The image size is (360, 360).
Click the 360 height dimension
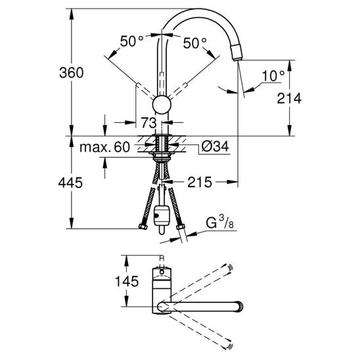click(x=72, y=73)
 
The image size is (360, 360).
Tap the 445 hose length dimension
click(x=70, y=183)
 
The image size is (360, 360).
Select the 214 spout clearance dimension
click(x=289, y=99)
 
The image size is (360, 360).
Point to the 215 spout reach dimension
click(x=200, y=182)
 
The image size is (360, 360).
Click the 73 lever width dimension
click(x=148, y=123)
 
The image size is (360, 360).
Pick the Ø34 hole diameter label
click(x=215, y=146)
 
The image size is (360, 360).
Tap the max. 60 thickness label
click(x=104, y=147)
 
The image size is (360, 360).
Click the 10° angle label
click(x=273, y=76)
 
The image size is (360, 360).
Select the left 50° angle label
click(x=132, y=41)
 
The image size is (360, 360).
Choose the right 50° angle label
click(x=195, y=43)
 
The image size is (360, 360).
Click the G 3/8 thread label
click(x=219, y=222)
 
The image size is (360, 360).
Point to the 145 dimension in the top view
click(x=127, y=281)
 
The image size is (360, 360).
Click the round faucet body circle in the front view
click(x=162, y=104)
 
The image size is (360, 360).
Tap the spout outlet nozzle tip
click(x=236, y=53)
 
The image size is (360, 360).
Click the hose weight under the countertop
click(x=162, y=216)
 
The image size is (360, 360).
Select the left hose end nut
click(x=143, y=227)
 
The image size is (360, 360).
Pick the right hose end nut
click(x=181, y=227)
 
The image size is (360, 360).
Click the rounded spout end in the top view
click(x=238, y=307)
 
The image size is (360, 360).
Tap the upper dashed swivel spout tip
click(x=229, y=267)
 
